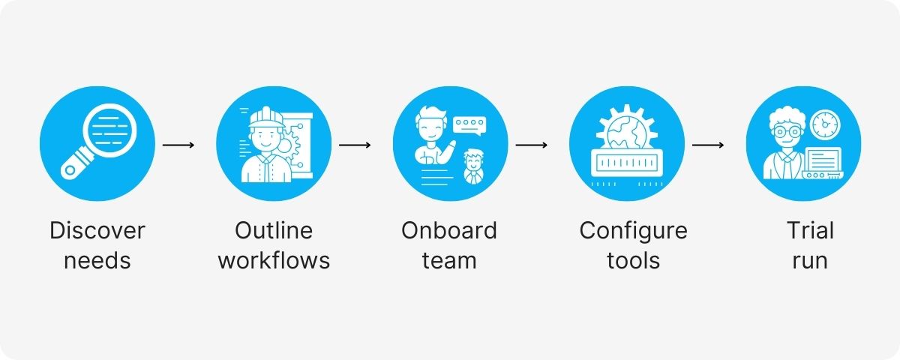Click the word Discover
pyautogui.click(x=97, y=230)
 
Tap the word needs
pyautogui.click(x=97, y=260)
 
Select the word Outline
pyautogui.click(x=274, y=230)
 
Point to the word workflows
pyautogui.click(x=274, y=260)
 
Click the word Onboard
pyautogui.click(x=449, y=230)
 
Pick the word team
pyautogui.click(x=449, y=260)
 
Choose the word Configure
pyautogui.click(x=634, y=230)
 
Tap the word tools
pyautogui.click(x=634, y=260)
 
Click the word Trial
pyautogui.click(x=810, y=230)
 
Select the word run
pyautogui.click(x=810, y=260)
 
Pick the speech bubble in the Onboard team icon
pyautogui.click(x=469, y=124)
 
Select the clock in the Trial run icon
pyautogui.click(x=825, y=124)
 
